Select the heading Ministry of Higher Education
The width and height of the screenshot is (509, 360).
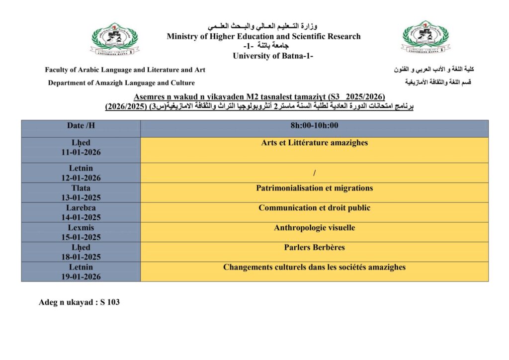263,36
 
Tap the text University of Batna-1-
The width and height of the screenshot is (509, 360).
273,56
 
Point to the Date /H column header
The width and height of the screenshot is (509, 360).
81,126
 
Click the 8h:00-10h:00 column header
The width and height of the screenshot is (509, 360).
314,126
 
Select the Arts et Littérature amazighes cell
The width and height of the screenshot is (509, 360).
314,143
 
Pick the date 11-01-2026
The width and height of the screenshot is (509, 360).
81,153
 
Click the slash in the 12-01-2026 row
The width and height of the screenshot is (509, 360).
315,173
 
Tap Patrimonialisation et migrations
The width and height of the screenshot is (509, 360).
314,188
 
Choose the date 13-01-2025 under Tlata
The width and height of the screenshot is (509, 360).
81,197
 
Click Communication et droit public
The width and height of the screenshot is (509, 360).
314,208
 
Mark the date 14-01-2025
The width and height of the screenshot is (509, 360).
81,217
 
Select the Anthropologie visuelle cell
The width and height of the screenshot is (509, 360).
314,228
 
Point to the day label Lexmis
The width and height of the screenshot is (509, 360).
81,228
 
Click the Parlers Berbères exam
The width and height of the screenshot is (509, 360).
314,248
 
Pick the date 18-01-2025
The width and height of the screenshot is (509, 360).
81,257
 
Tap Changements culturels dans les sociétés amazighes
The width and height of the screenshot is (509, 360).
314,268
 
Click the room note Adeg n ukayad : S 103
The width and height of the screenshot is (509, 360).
80,302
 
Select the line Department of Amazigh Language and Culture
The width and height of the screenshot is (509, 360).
121,83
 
